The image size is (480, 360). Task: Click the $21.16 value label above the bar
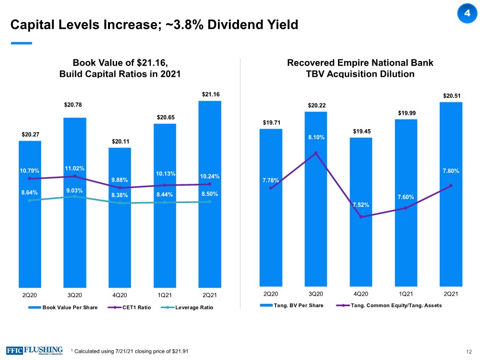pos(210,95)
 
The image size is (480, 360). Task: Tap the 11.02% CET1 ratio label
pos(74,168)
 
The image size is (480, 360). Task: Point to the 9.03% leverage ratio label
pos(74,191)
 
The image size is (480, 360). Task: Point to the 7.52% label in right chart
pos(360,205)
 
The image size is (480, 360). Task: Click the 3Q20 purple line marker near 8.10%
pos(316,153)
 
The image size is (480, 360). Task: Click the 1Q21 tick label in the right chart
pos(406,293)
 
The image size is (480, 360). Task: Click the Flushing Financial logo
pos(35,350)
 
